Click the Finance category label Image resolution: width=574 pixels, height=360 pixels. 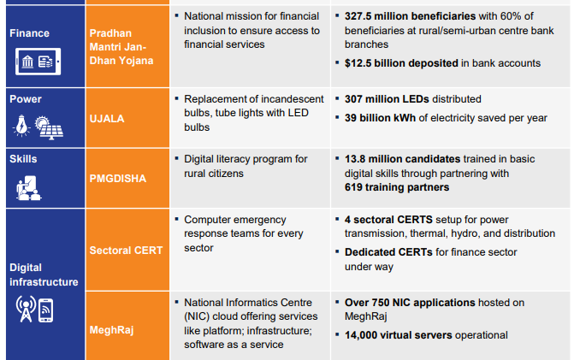[29, 33]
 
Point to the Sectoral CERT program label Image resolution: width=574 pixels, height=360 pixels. [126, 250]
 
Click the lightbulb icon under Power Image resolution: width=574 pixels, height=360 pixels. [22, 125]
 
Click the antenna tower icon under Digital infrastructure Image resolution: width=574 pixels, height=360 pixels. [24, 311]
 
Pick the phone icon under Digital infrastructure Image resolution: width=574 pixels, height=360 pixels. [46, 311]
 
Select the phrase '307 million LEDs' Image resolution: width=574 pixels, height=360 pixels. [387, 99]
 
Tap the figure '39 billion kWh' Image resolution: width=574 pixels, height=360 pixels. [383, 118]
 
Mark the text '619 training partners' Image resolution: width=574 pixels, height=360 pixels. [396, 186]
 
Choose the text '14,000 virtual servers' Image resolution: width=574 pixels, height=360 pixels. [399, 335]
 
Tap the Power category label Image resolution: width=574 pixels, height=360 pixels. [26, 99]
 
